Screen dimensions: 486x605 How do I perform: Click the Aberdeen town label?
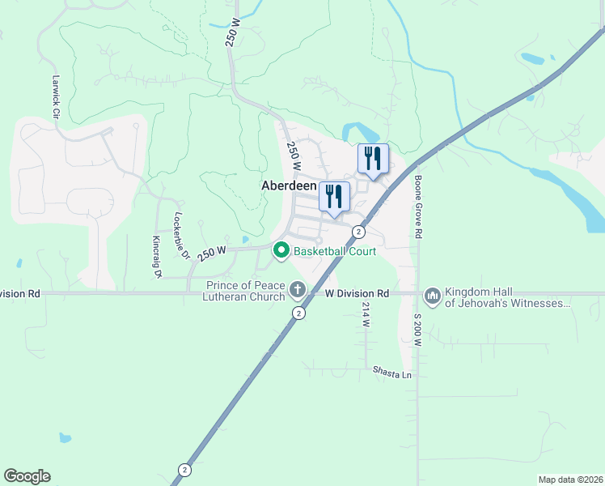click(289, 185)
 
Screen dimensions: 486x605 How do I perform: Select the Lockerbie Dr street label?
click(181, 237)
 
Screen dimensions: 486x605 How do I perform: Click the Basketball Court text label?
click(335, 251)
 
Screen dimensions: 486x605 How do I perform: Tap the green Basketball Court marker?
click(281, 251)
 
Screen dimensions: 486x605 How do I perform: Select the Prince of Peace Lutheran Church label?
click(244, 292)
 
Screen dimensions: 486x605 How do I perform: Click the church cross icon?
click(298, 289)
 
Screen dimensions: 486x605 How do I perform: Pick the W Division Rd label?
click(357, 293)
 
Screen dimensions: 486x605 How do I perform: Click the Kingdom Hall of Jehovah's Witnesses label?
click(508, 298)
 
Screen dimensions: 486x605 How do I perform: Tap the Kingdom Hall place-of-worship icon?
click(432, 296)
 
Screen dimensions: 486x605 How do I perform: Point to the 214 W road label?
click(366, 315)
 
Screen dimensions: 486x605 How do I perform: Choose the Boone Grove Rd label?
click(420, 207)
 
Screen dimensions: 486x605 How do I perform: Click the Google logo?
click(27, 476)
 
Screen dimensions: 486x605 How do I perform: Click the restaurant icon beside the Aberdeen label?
click(334, 197)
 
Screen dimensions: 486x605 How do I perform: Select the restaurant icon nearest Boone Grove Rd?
click(373, 158)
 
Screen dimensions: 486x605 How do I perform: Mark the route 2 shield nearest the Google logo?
click(185, 470)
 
